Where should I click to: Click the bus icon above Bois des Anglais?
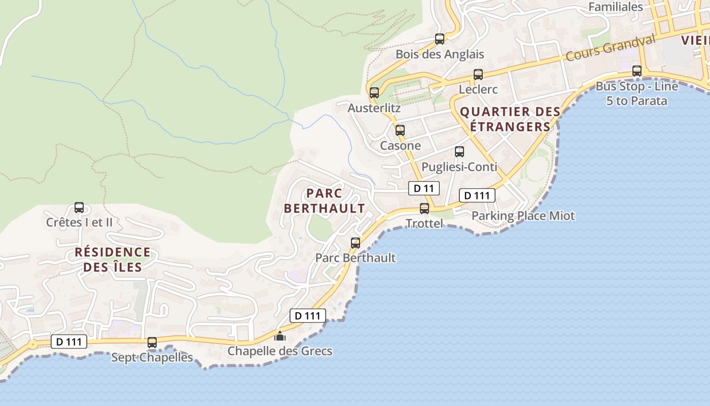tap(440, 39)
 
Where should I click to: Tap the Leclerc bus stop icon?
tap(478, 75)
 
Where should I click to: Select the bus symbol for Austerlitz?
tap(374, 93)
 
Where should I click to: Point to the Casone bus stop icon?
tap(400, 130)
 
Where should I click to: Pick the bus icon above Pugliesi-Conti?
tap(459, 152)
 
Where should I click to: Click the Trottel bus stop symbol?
tap(424, 209)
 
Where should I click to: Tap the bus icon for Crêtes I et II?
tap(79, 208)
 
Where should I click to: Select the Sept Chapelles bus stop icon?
tap(152, 343)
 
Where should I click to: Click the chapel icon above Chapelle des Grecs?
tap(279, 335)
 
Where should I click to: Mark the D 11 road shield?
tap(423, 189)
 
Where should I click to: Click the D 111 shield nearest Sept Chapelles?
tap(69, 342)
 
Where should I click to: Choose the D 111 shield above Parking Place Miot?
tap(477, 195)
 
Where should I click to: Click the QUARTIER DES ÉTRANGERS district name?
tap(510, 119)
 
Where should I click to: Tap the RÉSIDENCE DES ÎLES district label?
tap(113, 259)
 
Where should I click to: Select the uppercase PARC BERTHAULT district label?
tap(324, 201)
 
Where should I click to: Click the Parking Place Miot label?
tap(523, 216)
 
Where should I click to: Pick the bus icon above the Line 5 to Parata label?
tap(637, 71)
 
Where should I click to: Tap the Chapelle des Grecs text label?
tap(280, 351)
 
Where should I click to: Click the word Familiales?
tap(616, 7)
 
